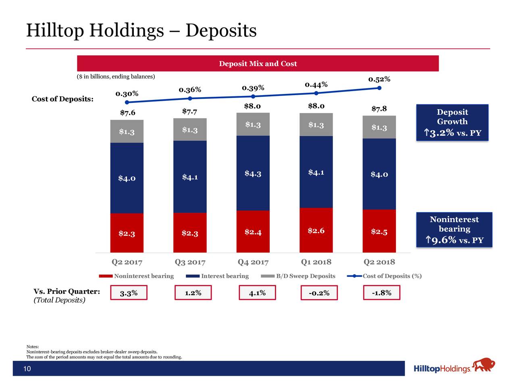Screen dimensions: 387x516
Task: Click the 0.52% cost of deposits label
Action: [379, 79]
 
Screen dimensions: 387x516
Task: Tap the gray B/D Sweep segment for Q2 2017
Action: [127, 131]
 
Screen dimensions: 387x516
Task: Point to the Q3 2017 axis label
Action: [190, 262]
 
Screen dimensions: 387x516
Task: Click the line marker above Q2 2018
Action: [379, 88]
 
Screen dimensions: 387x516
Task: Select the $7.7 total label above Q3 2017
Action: [189, 111]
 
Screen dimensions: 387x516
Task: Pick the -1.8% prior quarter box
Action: [382, 293]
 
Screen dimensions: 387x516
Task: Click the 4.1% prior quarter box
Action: [257, 293]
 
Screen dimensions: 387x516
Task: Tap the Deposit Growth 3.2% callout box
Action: [452, 123]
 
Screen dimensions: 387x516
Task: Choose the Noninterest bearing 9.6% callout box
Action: [454, 230]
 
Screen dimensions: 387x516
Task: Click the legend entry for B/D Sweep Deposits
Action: [305, 276]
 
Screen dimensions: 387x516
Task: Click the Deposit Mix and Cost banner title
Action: [258, 64]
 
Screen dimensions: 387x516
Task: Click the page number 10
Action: [27, 369]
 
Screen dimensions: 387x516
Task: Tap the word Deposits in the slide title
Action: [221, 31]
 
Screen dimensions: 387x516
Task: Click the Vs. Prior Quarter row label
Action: [67, 292]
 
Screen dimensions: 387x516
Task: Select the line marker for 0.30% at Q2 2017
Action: [127, 102]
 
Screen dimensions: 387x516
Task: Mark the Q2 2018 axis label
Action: [379, 262]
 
